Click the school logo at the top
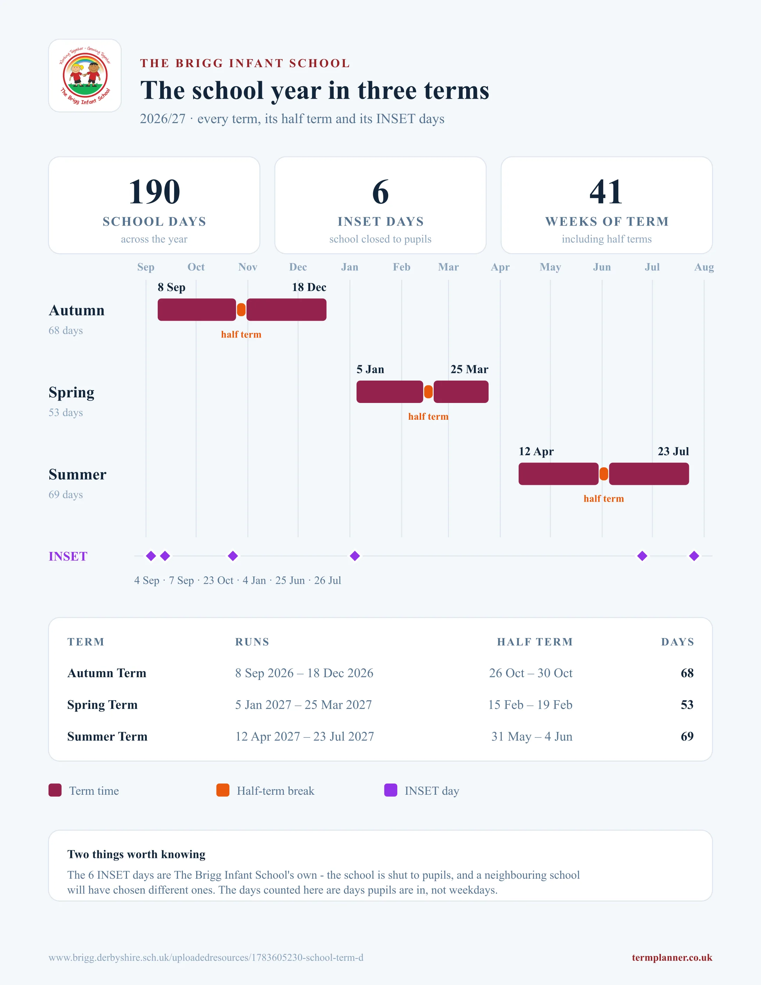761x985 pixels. (x=85, y=75)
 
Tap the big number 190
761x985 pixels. (x=154, y=192)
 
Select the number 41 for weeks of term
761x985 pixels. (x=606, y=192)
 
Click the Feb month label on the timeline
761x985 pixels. (x=402, y=267)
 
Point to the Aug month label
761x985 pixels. (x=704, y=267)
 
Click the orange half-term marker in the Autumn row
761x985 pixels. (x=241, y=310)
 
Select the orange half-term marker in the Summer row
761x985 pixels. (x=604, y=474)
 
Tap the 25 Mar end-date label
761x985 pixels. (x=469, y=369)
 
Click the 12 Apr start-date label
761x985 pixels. (x=536, y=452)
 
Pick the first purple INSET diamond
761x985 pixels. (x=151, y=556)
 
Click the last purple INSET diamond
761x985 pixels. (x=694, y=556)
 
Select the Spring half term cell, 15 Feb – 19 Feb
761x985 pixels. (x=530, y=704)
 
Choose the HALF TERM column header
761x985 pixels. (x=535, y=642)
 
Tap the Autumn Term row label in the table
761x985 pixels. (x=107, y=673)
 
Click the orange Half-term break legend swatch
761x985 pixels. (x=223, y=790)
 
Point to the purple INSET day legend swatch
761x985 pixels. (x=390, y=790)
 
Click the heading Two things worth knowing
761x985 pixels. (x=136, y=854)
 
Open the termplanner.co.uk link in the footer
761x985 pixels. (x=672, y=957)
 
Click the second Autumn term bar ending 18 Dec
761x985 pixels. (x=286, y=310)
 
